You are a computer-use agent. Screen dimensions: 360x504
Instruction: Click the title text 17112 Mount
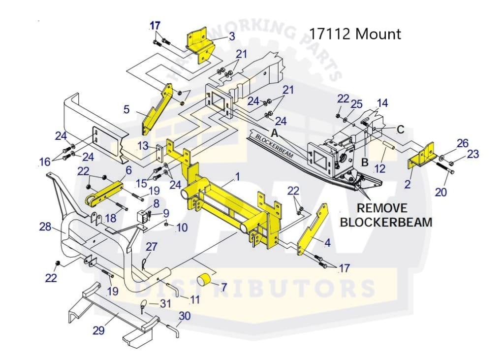pos(354,33)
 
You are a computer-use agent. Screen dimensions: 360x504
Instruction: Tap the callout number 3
pos(232,36)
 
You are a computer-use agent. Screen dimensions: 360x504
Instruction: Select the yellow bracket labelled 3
pos(200,46)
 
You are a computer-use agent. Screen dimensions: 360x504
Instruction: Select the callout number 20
pos(441,192)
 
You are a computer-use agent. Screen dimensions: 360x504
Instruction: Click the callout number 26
pos(463,143)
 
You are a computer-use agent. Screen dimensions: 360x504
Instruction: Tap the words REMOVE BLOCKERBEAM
pos(386,215)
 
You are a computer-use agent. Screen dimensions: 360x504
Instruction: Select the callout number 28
pos(45,227)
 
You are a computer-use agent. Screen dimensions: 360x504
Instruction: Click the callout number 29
pos(98,330)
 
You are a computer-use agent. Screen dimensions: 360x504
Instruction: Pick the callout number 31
pos(165,304)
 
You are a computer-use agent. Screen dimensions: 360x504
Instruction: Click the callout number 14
pos(382,103)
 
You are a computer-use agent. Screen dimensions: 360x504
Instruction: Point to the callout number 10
pos(182,228)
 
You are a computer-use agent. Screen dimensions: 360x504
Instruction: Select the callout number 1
pos(238,176)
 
